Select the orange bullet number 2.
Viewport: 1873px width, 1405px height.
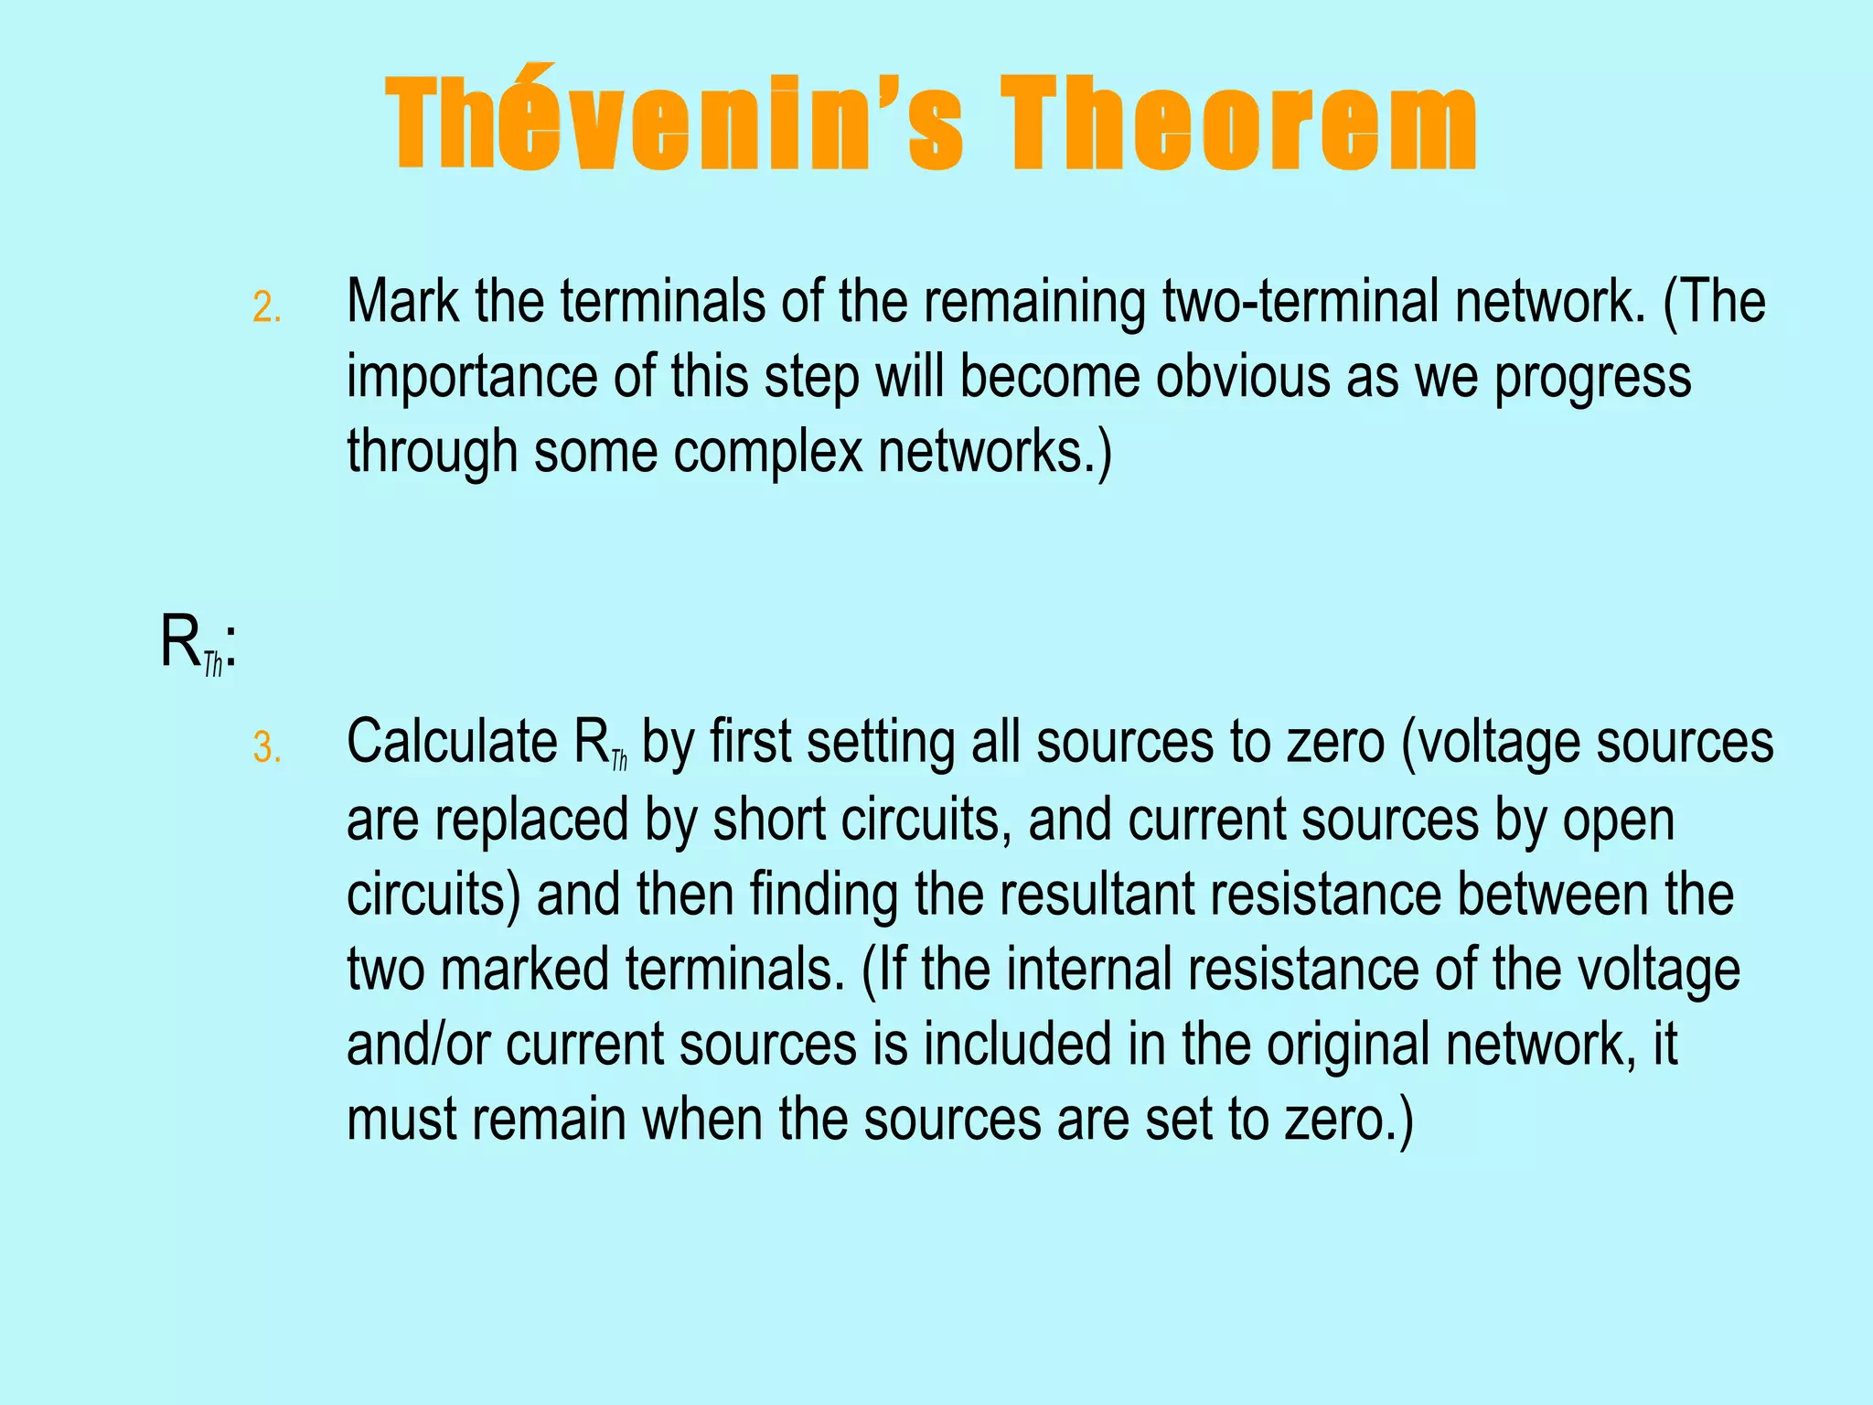266,307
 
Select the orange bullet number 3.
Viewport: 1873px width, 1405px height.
266,748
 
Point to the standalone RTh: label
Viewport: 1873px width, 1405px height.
198,645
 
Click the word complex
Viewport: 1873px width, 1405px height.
768,453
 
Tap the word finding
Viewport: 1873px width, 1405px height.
824,896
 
